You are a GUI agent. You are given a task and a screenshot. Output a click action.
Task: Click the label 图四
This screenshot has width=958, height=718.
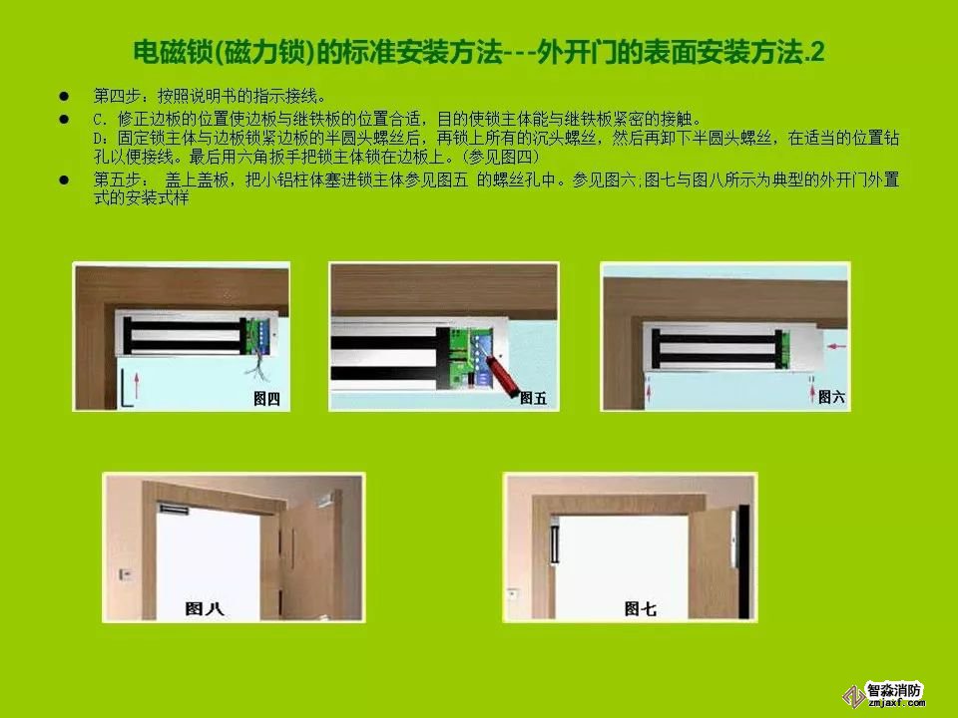[x=266, y=399]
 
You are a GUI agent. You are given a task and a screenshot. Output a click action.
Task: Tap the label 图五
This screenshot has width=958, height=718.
[x=533, y=399]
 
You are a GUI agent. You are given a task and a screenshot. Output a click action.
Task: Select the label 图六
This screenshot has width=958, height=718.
[x=831, y=397]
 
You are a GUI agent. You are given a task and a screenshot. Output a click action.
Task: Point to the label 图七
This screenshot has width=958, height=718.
[x=641, y=608]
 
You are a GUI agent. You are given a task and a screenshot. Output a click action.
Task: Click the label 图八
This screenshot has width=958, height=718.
[x=204, y=608]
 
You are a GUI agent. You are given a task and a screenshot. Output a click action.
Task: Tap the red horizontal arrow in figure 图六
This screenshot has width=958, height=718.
[x=836, y=346]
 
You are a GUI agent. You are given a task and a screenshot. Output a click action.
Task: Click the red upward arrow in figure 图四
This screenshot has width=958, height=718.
[x=137, y=386]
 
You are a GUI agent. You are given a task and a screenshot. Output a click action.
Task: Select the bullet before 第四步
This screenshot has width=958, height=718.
[x=64, y=96]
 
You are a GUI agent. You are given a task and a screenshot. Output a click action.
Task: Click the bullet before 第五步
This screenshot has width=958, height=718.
[x=64, y=179]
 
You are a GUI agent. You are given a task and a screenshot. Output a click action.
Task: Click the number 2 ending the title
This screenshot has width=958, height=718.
[x=817, y=53]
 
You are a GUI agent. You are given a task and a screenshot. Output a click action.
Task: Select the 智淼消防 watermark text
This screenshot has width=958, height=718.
[x=893, y=690]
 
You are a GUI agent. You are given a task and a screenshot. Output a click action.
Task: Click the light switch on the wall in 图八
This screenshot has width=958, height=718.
[x=126, y=574]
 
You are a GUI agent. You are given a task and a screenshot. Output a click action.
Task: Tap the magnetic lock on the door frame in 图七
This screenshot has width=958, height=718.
[x=555, y=539]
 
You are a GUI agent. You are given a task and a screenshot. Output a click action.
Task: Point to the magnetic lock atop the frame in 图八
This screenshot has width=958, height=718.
[x=173, y=508]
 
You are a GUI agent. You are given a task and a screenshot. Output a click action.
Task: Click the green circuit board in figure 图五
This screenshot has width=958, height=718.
[x=471, y=357]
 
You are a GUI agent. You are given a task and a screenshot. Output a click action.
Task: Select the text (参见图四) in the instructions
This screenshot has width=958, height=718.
[x=500, y=157]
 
